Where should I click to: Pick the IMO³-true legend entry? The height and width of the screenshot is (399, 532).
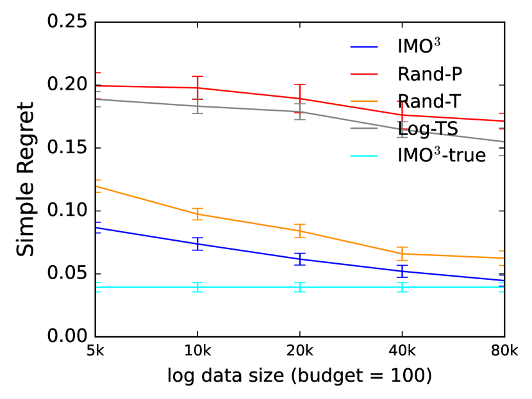pyautogui.click(x=442, y=154)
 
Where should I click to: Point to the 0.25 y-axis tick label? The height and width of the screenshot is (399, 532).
pyautogui.click(x=67, y=22)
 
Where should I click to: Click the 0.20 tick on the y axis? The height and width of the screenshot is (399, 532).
pyautogui.click(x=67, y=85)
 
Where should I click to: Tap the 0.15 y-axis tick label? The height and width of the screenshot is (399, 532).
pyautogui.click(x=67, y=148)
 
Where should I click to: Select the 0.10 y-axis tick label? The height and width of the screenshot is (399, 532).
pyautogui.click(x=67, y=211)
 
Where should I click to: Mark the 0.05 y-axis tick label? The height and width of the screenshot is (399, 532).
pyautogui.click(x=67, y=273)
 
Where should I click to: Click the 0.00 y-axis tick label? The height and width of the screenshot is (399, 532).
pyautogui.click(x=67, y=336)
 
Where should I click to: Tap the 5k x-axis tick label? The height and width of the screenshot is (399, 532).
pyautogui.click(x=95, y=351)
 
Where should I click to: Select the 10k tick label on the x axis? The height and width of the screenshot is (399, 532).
pyautogui.click(x=197, y=351)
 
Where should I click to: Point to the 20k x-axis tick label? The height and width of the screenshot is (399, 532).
pyautogui.click(x=299, y=351)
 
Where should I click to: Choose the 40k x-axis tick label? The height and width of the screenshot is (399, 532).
pyautogui.click(x=402, y=351)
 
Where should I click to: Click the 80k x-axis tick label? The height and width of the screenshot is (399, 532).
pyautogui.click(x=504, y=351)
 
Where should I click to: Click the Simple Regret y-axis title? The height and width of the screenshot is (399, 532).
pyautogui.click(x=25, y=179)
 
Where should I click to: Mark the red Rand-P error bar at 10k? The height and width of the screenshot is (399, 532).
pyautogui.click(x=197, y=88)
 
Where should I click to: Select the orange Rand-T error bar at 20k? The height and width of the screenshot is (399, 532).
pyautogui.click(x=299, y=231)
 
